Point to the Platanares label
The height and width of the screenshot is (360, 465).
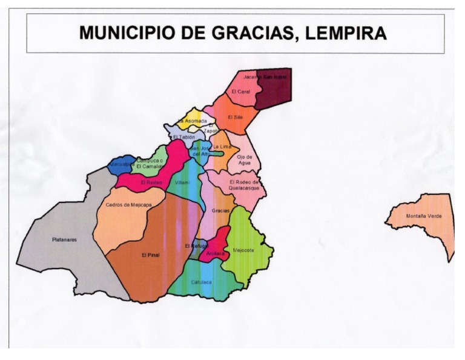pyautogui.click(x=65, y=239)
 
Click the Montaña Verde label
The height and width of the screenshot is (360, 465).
pyautogui.click(x=424, y=216)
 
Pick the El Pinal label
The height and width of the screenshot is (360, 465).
pyautogui.click(x=150, y=255)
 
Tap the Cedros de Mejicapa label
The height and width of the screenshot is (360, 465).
pyautogui.click(x=128, y=205)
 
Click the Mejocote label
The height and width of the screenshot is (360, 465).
pyautogui.click(x=243, y=250)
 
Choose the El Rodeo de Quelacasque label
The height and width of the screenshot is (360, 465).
pyautogui.click(x=245, y=184)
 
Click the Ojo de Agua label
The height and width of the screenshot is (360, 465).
pyautogui.click(x=244, y=159)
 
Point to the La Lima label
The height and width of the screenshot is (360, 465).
pyautogui.click(x=222, y=147)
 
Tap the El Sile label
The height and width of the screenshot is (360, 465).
pyautogui.click(x=235, y=117)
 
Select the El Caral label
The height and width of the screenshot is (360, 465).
pyautogui.click(x=240, y=92)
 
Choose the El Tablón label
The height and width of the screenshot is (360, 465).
pyautogui.click(x=184, y=137)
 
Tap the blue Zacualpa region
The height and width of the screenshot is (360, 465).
pyautogui.click(x=122, y=165)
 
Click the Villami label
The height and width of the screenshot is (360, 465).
pyautogui.click(x=182, y=182)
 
